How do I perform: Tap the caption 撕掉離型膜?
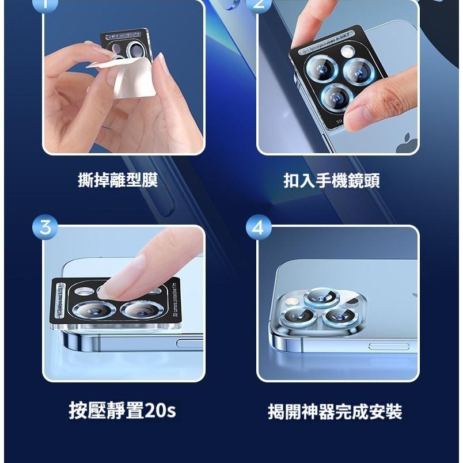click(118, 180)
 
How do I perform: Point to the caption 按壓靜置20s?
click(122, 411)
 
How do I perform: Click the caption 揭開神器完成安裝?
click(335, 412)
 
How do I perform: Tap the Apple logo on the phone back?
click(407, 143)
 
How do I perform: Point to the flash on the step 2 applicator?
click(347, 52)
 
